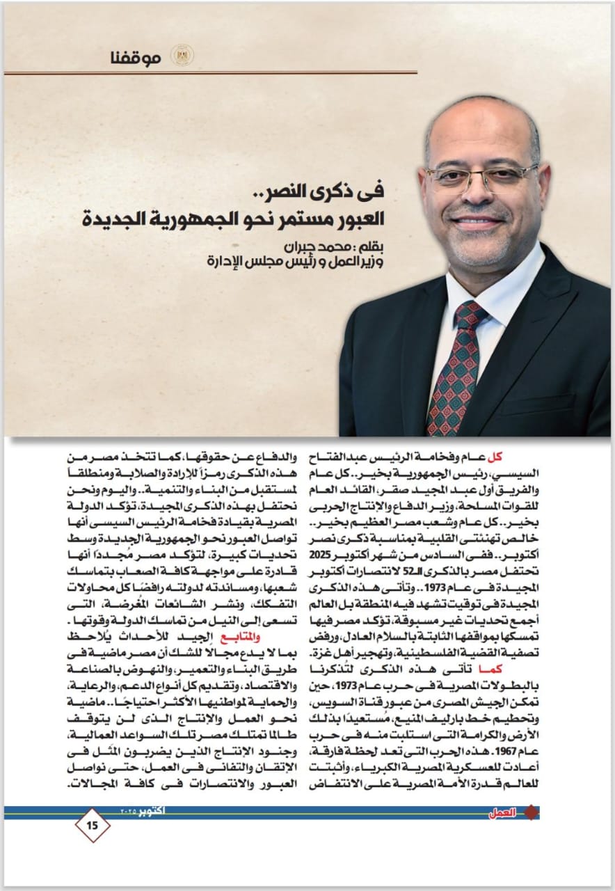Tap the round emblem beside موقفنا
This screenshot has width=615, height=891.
pyautogui.click(x=182, y=56)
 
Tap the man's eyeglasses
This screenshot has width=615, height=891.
pyautogui.click(x=482, y=177)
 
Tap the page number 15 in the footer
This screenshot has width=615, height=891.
pyautogui.click(x=93, y=826)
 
